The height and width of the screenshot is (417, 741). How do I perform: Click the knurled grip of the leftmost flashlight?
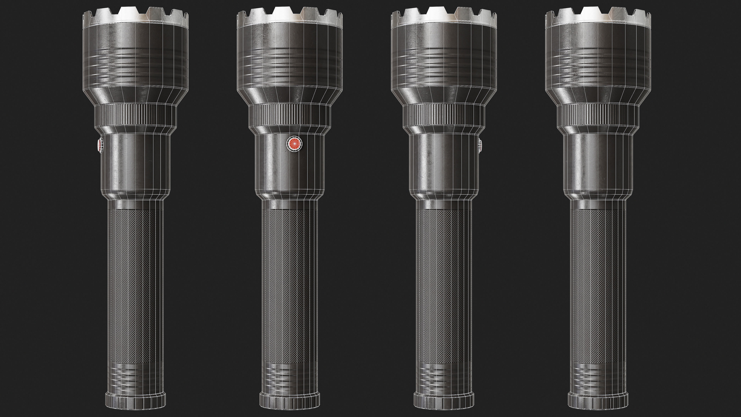pyautogui.click(x=135, y=285)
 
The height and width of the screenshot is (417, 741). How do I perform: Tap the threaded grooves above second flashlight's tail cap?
pyautogui.click(x=290, y=377)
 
